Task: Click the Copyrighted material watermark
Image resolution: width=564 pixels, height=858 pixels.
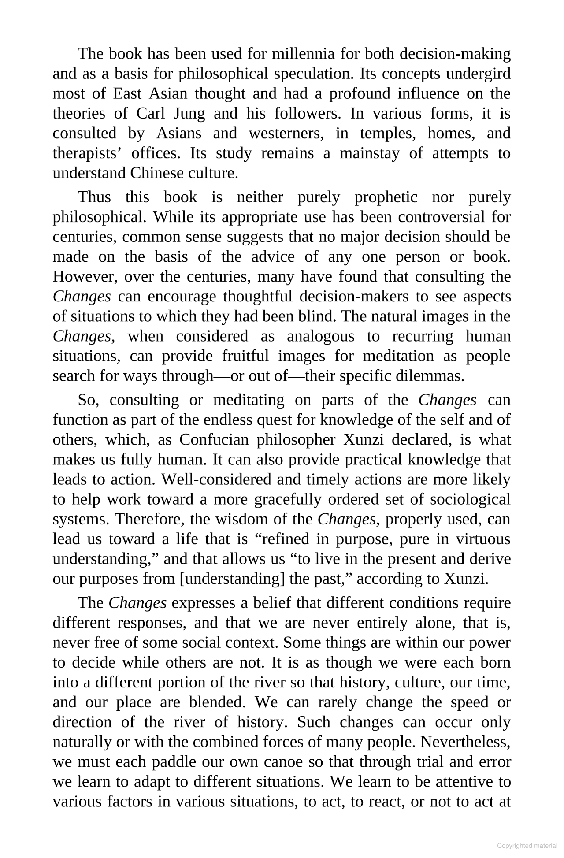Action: click(x=527, y=846)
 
